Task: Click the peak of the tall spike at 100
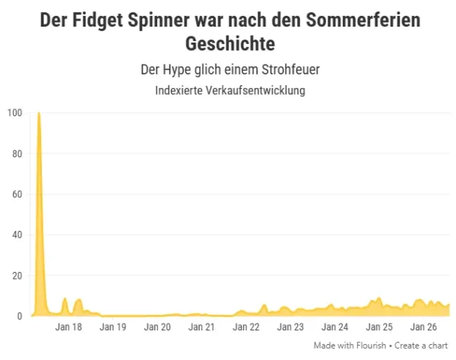coord(39,112)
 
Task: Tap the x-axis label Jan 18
coord(68,327)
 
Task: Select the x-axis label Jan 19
coord(112,327)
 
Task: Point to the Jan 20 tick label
coord(157,327)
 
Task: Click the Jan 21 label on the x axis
coord(201,327)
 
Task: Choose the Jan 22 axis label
coord(246,327)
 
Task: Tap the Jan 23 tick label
coord(290,327)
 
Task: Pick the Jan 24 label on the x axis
coord(334,327)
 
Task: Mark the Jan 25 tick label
coord(379,327)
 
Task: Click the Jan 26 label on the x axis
coord(423,327)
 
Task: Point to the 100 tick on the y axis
coord(15,112)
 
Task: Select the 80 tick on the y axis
coord(17,153)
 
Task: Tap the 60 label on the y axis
coord(17,194)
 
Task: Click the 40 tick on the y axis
coord(17,235)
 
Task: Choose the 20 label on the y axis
coord(17,276)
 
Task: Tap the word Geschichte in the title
coord(230,44)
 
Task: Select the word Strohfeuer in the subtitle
coord(290,70)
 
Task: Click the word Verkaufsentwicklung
coord(255,90)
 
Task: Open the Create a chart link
coord(421,346)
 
